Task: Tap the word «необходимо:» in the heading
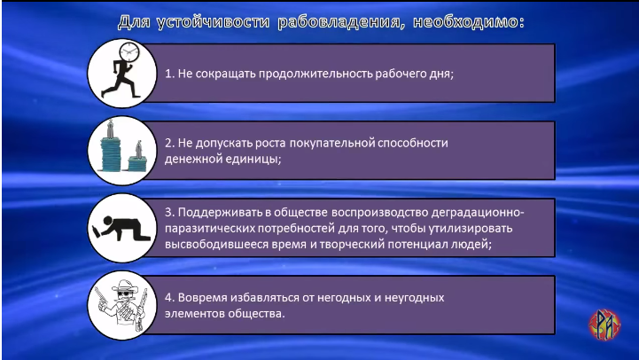(469, 21)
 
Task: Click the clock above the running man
(129, 52)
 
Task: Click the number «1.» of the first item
(169, 74)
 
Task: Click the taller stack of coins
(111, 147)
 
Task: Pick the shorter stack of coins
(137, 158)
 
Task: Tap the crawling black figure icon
(121, 229)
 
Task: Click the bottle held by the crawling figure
(97, 231)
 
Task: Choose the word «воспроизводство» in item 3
(379, 213)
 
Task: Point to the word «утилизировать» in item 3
(471, 228)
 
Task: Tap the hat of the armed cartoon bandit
(125, 286)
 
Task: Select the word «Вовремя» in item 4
(202, 298)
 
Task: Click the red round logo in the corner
(604, 325)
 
